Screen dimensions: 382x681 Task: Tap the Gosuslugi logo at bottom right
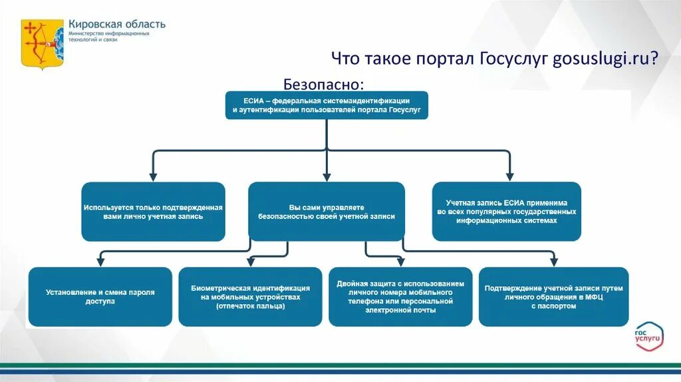click(x=648, y=337)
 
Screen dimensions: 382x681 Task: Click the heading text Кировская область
click(x=117, y=24)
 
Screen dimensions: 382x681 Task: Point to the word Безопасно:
click(x=324, y=85)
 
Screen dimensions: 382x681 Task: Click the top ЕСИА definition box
click(x=327, y=104)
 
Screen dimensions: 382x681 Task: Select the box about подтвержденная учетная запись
click(x=153, y=212)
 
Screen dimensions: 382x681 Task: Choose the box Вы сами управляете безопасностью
click(x=327, y=212)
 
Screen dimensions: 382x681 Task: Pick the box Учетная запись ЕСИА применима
click(x=507, y=212)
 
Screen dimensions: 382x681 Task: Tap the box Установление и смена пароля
click(x=100, y=297)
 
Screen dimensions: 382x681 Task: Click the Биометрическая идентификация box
click(x=250, y=297)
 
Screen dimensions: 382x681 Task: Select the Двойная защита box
click(x=400, y=297)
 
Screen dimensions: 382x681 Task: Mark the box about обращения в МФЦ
click(x=553, y=297)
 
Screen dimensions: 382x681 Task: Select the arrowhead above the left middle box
click(x=153, y=176)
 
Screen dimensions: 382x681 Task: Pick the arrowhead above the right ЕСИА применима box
click(x=509, y=176)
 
